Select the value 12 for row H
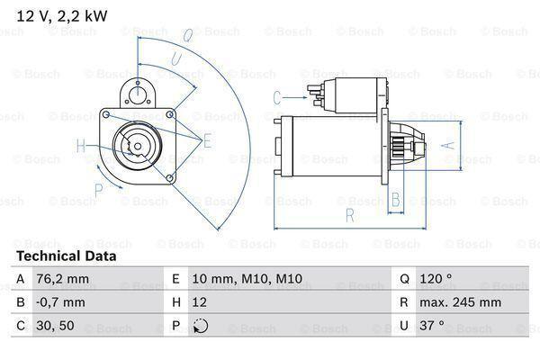click(201, 303)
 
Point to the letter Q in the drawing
click(186, 36)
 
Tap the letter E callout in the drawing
click(208, 139)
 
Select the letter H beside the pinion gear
click(80, 146)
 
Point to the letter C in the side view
click(277, 96)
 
